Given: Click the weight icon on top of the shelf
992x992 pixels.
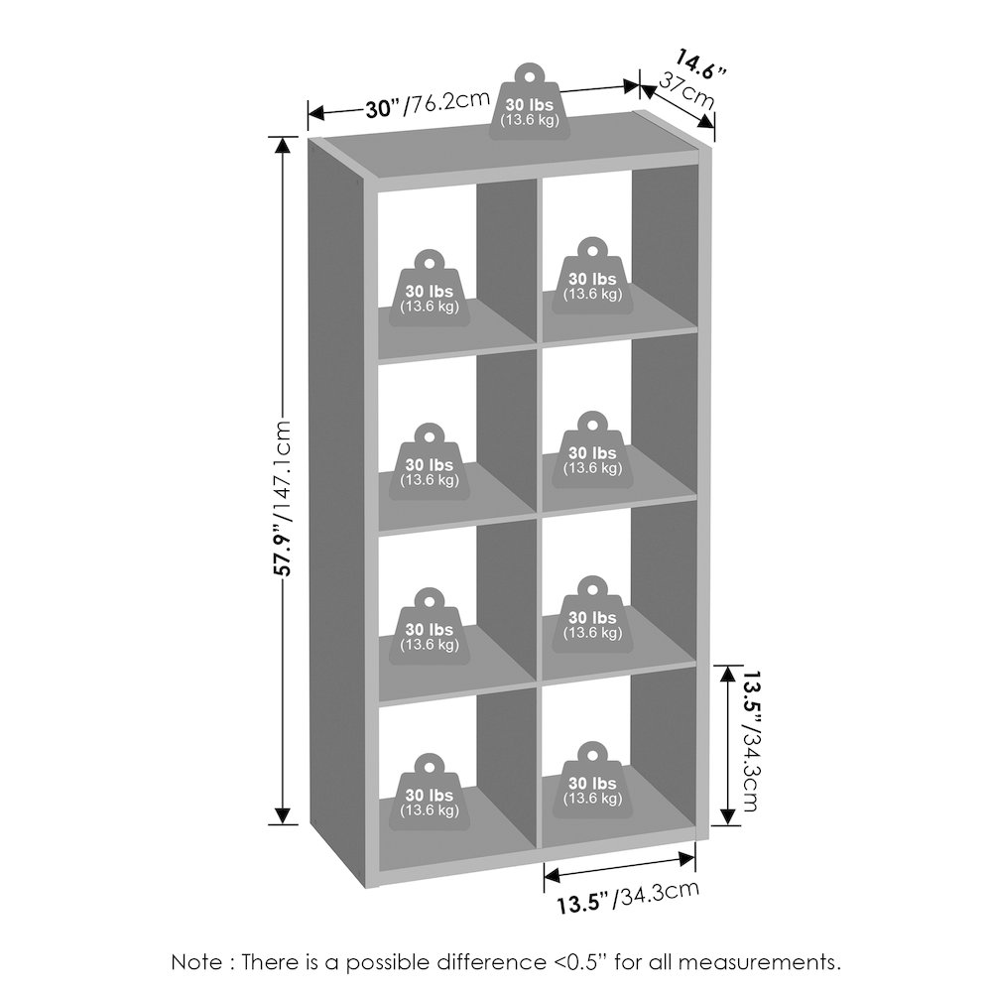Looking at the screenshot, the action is coord(530,101).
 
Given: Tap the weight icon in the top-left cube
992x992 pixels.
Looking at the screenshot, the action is coord(430,289).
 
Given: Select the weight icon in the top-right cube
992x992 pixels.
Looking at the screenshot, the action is coord(593,277).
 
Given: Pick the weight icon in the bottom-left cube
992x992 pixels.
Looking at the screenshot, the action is coord(430,793).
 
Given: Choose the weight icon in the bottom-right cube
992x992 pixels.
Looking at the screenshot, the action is coord(593,781).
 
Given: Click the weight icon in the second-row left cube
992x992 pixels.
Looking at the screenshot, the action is coord(430,462).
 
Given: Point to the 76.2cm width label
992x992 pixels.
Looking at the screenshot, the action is coord(448,102).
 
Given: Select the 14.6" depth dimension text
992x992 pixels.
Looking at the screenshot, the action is coord(699,63).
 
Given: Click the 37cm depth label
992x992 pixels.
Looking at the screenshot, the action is coord(685,90).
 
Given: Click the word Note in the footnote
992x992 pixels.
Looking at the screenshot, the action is coord(196,962).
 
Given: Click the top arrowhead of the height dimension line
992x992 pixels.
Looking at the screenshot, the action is coord(283,145).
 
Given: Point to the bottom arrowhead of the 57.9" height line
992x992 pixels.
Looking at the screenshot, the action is coord(283,816).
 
